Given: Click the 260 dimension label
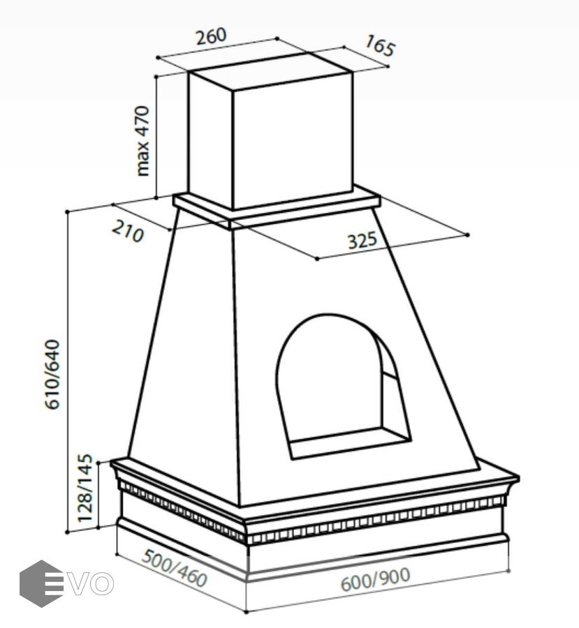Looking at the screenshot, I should pos(211,36).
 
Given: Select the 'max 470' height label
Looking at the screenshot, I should pos(143,140).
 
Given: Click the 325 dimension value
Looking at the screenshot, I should pos(362,241).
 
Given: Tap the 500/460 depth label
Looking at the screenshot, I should pos(174,567).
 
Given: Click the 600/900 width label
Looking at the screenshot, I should pos(375,579).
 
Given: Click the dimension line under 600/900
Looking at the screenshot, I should pos(377,592).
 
